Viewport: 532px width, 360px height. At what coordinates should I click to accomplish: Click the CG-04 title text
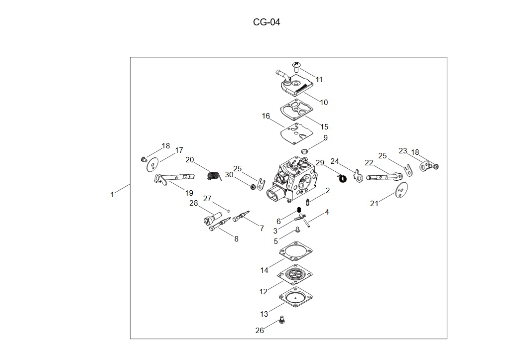(x=266, y=22)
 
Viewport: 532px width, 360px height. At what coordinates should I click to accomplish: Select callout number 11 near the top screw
(x=319, y=80)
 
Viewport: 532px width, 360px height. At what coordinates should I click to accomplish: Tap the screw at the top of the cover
(x=297, y=65)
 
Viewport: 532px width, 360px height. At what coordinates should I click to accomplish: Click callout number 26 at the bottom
(x=260, y=331)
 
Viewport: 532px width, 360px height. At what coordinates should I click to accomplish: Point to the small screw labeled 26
(x=282, y=320)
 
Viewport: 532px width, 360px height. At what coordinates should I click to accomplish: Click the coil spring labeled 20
(x=214, y=176)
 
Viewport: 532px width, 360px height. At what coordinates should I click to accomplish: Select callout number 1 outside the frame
(x=112, y=195)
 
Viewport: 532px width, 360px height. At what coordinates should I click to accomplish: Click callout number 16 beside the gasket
(x=266, y=116)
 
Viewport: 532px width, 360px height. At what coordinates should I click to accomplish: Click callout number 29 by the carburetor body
(x=320, y=163)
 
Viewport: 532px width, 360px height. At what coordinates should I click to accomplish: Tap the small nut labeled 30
(x=253, y=187)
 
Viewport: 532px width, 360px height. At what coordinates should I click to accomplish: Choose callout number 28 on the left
(x=194, y=203)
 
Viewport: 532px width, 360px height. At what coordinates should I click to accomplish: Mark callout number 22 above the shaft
(x=369, y=163)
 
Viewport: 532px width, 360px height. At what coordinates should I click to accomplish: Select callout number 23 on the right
(x=403, y=151)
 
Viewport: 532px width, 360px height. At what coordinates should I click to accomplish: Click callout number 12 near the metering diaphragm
(x=264, y=292)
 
